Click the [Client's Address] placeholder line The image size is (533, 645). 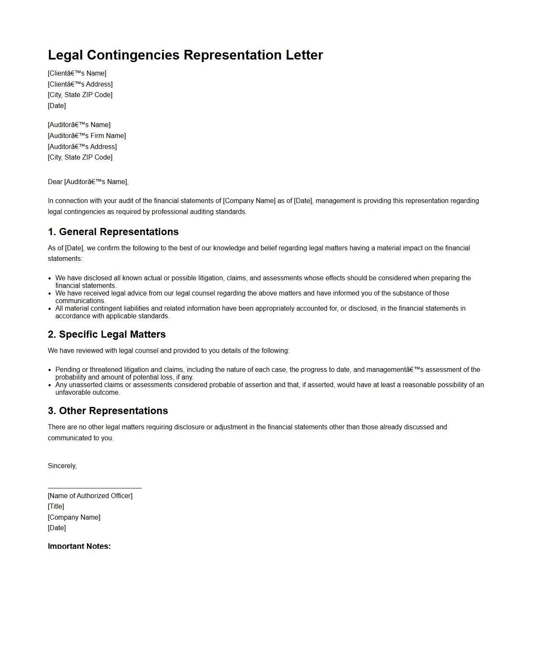coord(80,84)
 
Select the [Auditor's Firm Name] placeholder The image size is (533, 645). coord(87,136)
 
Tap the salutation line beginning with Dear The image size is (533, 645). coord(88,182)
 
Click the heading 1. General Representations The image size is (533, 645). coord(113,232)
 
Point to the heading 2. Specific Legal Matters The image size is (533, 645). coord(107,334)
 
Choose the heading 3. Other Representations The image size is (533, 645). coord(108,411)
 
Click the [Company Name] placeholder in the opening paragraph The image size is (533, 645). coord(249,201)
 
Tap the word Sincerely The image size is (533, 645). coord(62,466)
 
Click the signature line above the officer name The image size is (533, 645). coord(95,488)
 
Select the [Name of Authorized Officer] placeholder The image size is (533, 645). coord(90,496)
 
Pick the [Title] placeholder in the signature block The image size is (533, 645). coord(56,507)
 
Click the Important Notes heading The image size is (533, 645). coord(79,546)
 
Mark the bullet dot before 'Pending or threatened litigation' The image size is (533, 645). coord(50,370)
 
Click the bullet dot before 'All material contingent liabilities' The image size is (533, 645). coord(50,309)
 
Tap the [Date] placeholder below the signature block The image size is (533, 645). coord(57,528)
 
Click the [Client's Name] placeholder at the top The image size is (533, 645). coord(77,73)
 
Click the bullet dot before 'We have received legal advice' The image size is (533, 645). coord(50,293)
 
